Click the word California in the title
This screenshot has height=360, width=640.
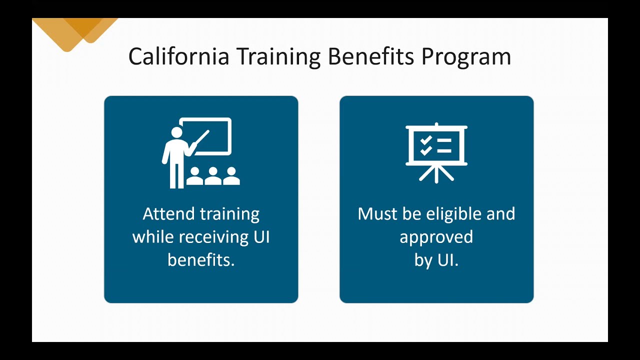pyautogui.click(x=178, y=56)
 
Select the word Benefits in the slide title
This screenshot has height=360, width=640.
pyautogui.click(x=371, y=56)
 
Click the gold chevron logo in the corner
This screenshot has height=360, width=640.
pyautogui.click(x=75, y=31)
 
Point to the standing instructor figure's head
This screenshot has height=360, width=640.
pyautogui.click(x=176, y=133)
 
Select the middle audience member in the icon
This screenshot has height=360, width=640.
pyautogui.click(x=213, y=175)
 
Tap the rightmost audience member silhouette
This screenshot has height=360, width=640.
pyautogui.click(x=231, y=175)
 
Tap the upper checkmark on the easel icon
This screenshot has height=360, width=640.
pyautogui.click(x=425, y=140)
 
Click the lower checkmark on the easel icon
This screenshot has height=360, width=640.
pyautogui.click(x=425, y=150)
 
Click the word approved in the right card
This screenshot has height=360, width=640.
pyautogui.click(x=436, y=237)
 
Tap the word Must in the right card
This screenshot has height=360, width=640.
pyautogui.click(x=376, y=214)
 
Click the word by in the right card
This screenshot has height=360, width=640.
pyautogui.click(x=423, y=260)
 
